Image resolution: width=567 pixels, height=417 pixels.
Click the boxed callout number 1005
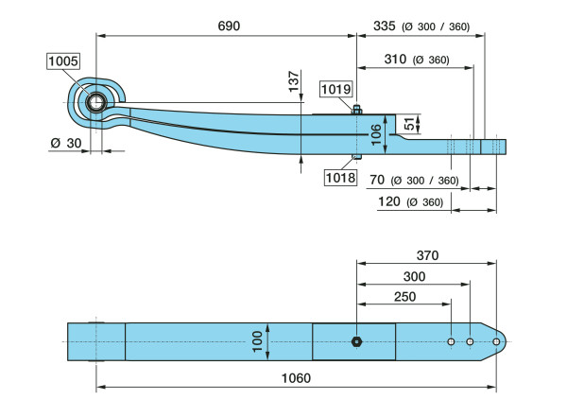[64, 61]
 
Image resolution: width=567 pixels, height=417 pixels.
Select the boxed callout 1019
[335, 90]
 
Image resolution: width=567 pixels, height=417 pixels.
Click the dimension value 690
[230, 26]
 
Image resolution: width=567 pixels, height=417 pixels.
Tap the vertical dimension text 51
[409, 123]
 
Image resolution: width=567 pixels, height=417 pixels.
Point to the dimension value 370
[426, 255]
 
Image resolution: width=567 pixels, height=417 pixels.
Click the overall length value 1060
[297, 377]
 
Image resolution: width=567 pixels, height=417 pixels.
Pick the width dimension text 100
[255, 340]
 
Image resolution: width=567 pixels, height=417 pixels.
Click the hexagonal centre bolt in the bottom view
[356, 340]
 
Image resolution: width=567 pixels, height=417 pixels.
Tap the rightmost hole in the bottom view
[495, 340]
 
